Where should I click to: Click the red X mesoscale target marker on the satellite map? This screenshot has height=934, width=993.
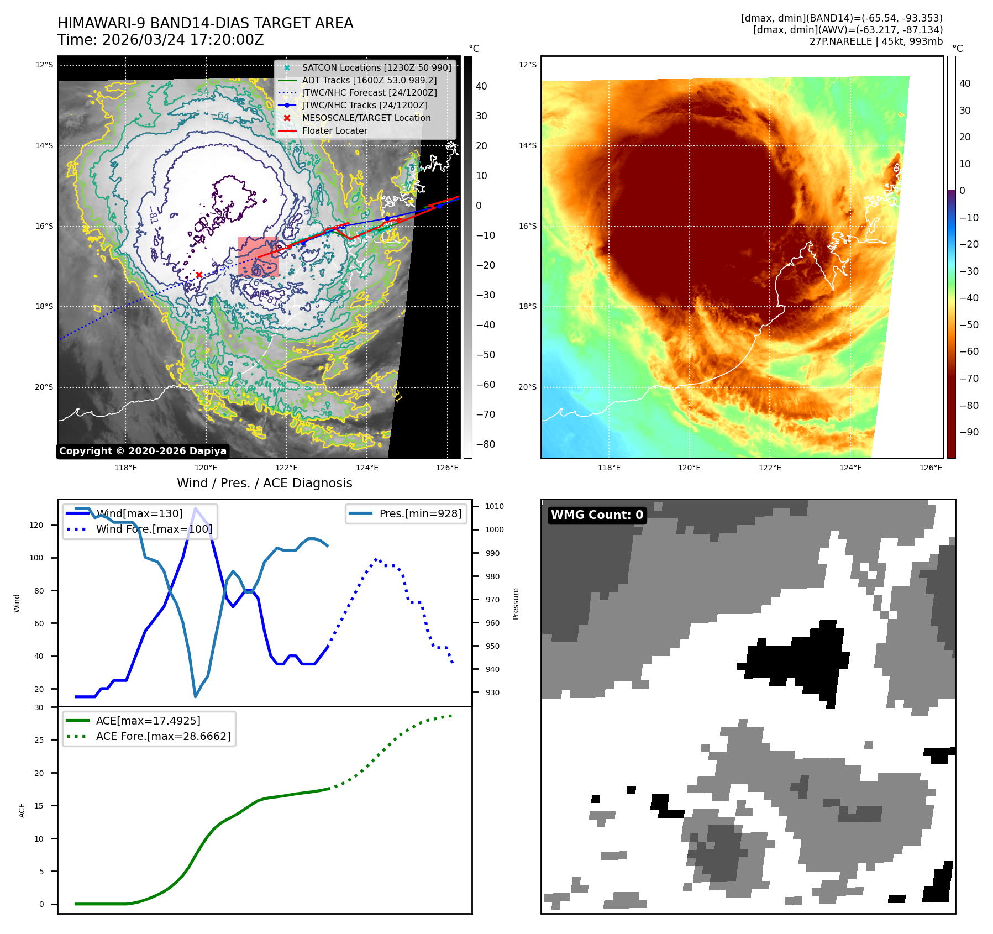tap(199, 275)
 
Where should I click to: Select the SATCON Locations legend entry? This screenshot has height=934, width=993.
tap(376, 68)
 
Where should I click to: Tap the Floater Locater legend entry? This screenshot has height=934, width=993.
tap(334, 131)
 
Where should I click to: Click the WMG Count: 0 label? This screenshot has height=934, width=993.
tap(597, 515)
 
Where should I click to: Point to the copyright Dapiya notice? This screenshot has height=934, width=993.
tap(143, 451)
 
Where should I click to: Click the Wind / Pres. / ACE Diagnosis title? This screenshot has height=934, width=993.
tap(264, 483)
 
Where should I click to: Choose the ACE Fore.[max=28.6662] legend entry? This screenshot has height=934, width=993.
tap(163, 736)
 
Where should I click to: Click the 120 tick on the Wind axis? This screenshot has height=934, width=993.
tap(36, 525)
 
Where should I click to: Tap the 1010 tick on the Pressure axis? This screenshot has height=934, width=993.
tap(495, 506)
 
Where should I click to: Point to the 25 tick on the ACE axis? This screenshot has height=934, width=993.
tap(39, 740)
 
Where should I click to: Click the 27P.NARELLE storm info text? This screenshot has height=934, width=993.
tap(876, 41)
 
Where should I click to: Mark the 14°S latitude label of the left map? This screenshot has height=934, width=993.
tap(44, 146)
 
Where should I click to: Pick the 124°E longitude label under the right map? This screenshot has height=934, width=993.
tap(850, 468)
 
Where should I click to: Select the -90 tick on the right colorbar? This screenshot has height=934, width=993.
tap(969, 432)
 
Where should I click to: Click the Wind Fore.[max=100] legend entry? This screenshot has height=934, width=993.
tap(154, 529)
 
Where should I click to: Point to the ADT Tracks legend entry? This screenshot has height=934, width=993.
tap(369, 81)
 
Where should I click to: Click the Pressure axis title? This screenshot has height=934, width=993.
tap(516, 604)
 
